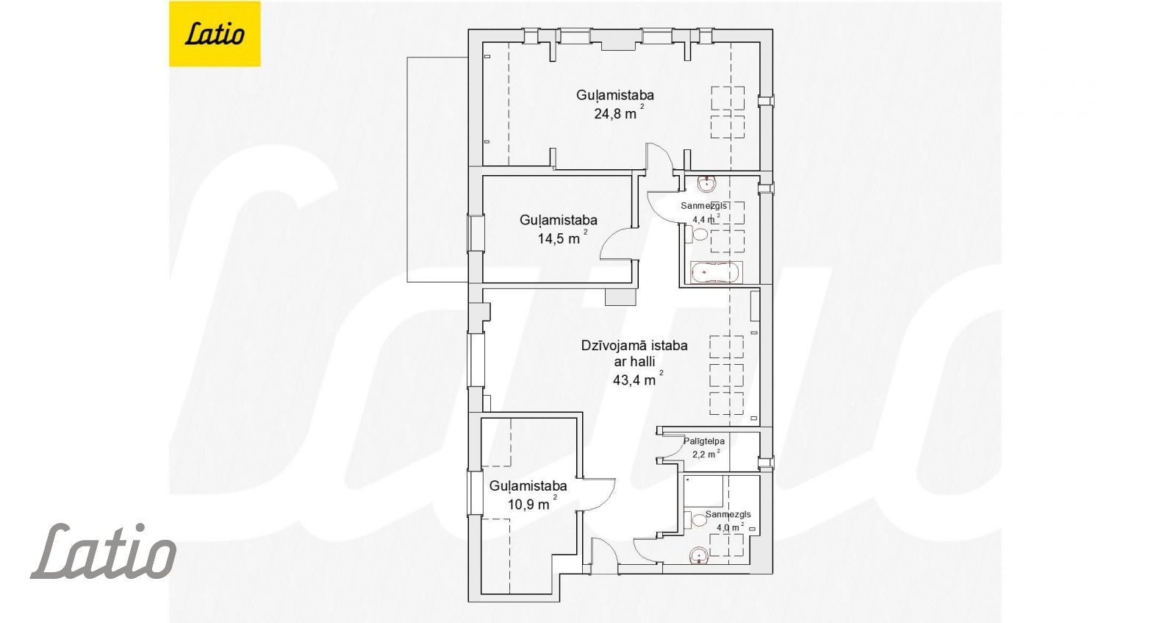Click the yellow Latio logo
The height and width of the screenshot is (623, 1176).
tap(215, 34)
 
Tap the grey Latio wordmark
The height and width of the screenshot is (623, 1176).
tap(104, 551)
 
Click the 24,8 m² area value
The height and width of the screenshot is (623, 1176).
tap(619, 113)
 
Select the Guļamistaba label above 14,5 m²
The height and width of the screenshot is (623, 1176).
tap(559, 220)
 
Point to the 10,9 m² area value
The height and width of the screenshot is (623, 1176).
tap(532, 503)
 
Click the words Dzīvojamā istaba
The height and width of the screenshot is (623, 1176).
tap(634, 346)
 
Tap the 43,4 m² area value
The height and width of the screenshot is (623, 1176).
tap(638, 379)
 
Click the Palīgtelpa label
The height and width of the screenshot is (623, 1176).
tap(704, 441)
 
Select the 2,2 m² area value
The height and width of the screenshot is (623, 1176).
tap(706, 454)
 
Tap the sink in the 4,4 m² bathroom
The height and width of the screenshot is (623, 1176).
tap(706, 185)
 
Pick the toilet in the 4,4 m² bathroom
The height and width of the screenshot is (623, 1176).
tap(696, 233)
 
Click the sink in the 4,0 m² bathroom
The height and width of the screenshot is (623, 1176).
tap(699, 556)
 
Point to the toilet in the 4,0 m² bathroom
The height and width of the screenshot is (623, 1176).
tap(695, 520)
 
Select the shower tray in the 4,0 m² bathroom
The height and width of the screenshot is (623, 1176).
tap(703, 491)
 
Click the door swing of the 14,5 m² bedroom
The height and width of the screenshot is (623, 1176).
tap(617, 243)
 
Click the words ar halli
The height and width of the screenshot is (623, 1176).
tap(634, 362)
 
